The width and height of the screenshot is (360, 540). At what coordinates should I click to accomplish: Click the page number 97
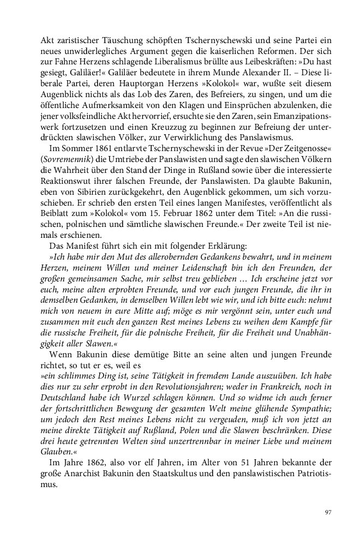tap(328, 512)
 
